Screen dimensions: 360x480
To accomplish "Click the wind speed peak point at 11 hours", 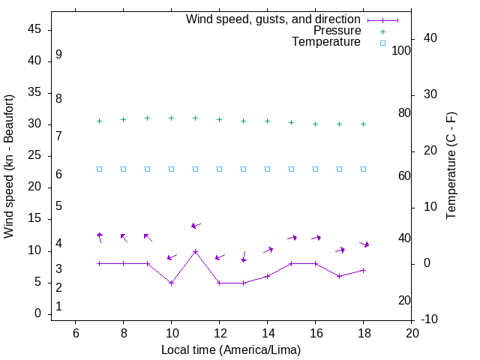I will (x=195, y=251).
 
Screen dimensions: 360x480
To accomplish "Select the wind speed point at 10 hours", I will (x=171, y=283).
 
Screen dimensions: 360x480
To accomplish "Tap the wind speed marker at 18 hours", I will (x=363, y=270).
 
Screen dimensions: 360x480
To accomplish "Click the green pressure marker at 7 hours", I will (x=99, y=121).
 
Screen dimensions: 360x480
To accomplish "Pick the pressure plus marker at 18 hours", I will (x=363, y=124).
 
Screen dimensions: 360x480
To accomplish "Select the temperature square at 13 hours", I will (x=243, y=169).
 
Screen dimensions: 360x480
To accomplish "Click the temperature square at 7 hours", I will (x=99, y=169).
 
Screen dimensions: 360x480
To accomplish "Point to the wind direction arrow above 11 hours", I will (x=196, y=225).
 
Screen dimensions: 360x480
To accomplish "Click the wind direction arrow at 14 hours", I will (x=268, y=250).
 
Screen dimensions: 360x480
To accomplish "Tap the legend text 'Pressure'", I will (x=337, y=31).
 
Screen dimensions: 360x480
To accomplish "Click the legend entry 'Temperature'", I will (x=326, y=43).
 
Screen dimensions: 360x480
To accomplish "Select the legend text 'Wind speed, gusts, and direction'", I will (x=273, y=19).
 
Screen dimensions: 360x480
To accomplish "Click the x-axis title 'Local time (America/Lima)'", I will (x=231, y=349).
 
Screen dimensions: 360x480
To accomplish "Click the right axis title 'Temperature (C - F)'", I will (x=451, y=166).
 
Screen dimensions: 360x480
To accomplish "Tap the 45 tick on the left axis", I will (x=34, y=29).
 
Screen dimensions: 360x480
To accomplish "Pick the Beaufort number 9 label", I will (x=58, y=55).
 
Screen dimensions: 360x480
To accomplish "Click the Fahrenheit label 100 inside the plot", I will (x=401, y=50).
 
